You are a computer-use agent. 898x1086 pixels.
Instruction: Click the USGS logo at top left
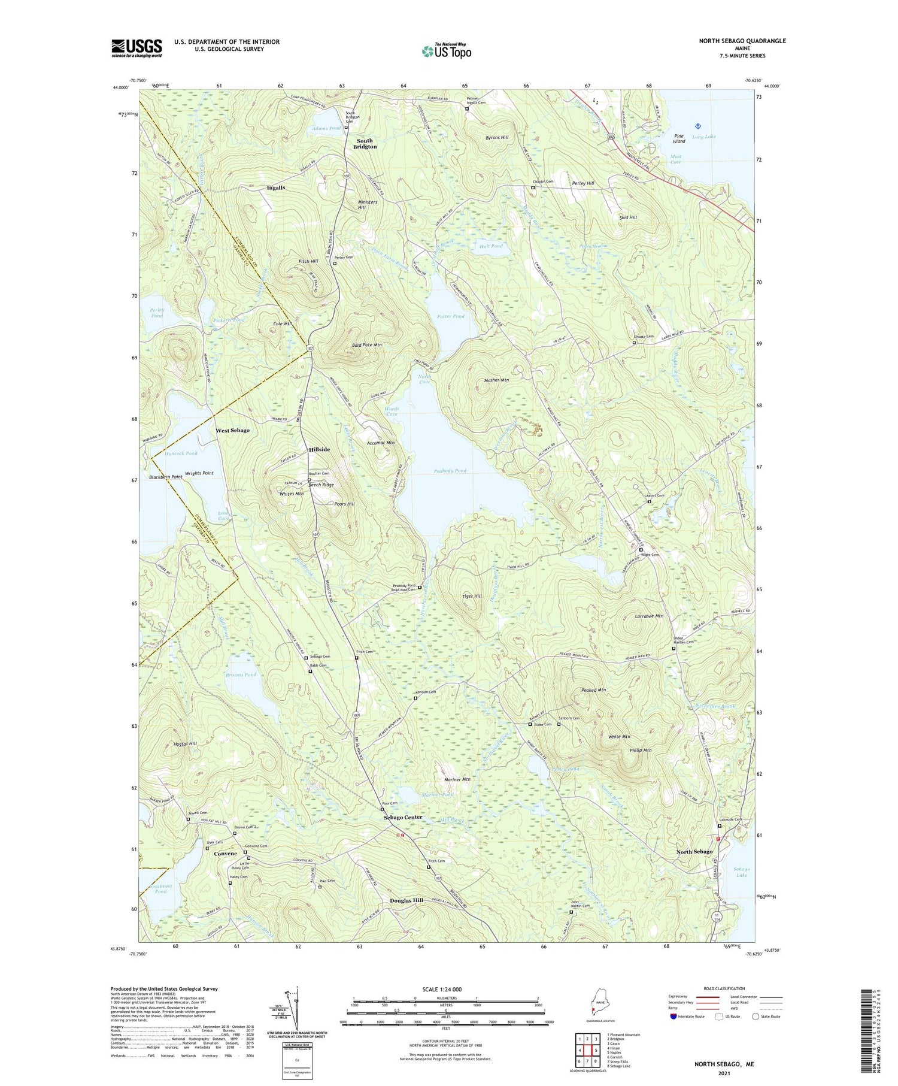[136, 48]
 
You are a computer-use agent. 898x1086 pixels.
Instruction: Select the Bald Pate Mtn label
[366, 345]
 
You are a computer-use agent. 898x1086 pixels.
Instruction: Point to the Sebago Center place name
[403, 817]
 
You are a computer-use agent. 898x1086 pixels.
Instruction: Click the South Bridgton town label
[365, 144]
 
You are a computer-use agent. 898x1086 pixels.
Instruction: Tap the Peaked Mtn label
[593, 690]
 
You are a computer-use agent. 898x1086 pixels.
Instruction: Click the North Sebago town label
[694, 851]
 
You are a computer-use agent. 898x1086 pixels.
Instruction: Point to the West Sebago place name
[232, 430]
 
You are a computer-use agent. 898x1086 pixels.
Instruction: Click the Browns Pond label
[241, 674]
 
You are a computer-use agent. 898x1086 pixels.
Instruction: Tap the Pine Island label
[678, 138]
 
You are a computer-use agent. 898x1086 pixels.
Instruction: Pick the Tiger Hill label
[472, 596]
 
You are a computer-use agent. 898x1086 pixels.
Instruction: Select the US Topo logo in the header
[446, 51]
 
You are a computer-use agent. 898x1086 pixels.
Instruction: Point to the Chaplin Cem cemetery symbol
[533, 187]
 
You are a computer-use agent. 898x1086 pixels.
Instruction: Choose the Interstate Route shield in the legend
[673, 1017]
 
